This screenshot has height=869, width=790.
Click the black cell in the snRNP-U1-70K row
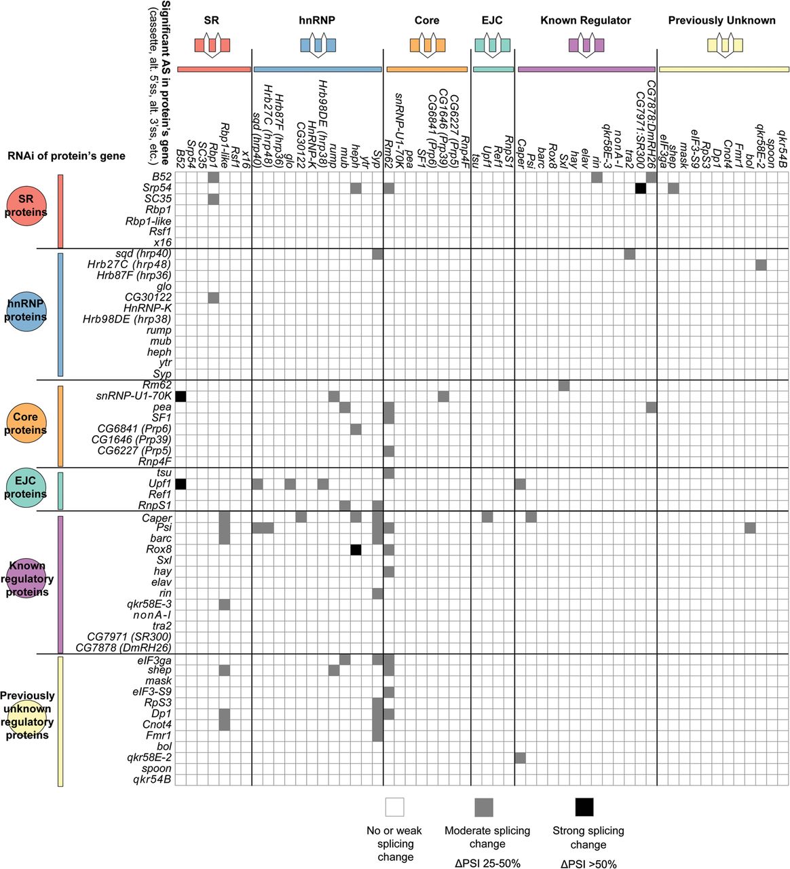(x=181, y=396)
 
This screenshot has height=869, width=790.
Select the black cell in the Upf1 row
(x=181, y=484)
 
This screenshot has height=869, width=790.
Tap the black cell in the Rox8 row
(x=356, y=550)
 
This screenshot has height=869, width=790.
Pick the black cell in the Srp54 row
(x=640, y=188)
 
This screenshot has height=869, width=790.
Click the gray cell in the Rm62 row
(x=563, y=386)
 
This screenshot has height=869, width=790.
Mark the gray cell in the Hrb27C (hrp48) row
(x=761, y=265)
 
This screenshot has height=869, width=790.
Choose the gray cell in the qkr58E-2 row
(x=520, y=758)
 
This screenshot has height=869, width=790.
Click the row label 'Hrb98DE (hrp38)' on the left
(x=127, y=319)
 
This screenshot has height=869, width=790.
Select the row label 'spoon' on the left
(x=157, y=769)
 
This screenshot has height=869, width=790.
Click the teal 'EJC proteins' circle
(x=26, y=487)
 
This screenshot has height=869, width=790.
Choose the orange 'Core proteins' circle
(x=26, y=424)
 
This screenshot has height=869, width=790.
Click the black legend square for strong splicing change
(x=584, y=807)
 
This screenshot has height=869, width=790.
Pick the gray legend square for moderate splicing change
(x=484, y=807)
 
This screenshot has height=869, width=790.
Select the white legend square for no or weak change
(x=394, y=807)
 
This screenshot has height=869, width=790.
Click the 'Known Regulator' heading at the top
(x=585, y=20)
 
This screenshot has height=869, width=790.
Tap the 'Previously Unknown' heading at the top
(x=721, y=20)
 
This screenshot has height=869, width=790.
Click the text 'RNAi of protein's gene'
(x=67, y=156)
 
